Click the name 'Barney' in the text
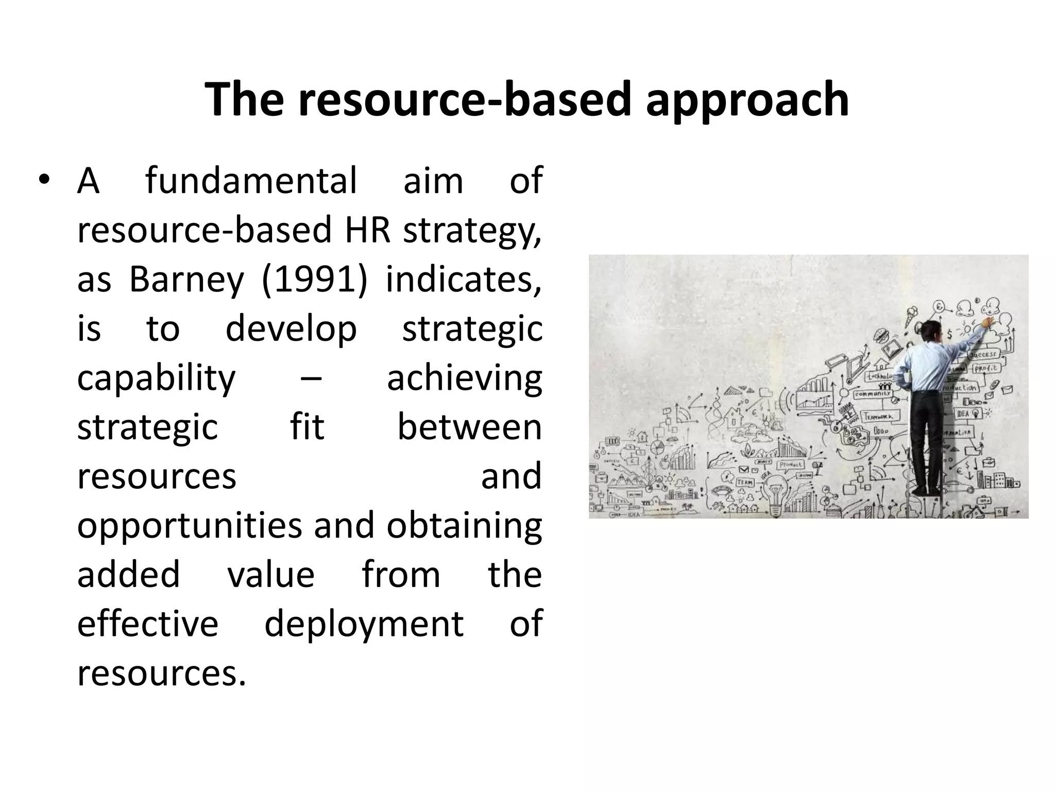(x=186, y=281)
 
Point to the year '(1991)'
(x=315, y=281)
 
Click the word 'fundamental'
(x=251, y=181)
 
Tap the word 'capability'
(x=156, y=379)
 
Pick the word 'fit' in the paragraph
(x=307, y=427)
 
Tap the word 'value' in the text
(x=271, y=575)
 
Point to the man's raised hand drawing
(x=986, y=322)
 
